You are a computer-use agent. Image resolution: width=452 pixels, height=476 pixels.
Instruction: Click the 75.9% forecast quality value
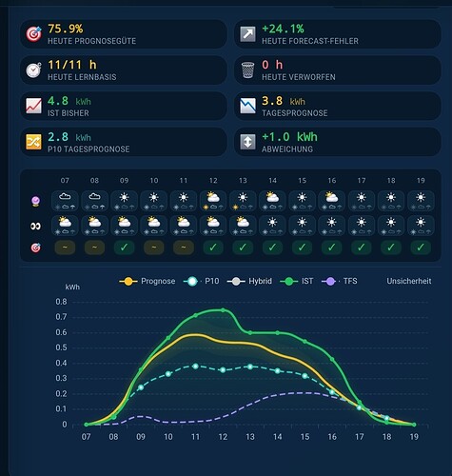[x=66, y=29]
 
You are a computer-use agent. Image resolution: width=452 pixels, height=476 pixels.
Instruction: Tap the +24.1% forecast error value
[x=283, y=29]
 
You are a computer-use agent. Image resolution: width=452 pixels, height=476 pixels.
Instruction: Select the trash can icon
[x=247, y=69]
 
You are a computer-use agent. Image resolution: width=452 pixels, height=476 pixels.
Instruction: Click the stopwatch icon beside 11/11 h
[x=33, y=69]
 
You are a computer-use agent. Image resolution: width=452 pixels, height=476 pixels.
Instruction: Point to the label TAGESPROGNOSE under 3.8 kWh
[x=295, y=113]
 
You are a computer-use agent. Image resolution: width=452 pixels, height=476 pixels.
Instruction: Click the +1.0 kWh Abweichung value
[x=289, y=137]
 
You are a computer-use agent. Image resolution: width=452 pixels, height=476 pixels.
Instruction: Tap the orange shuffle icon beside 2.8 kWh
[x=33, y=142]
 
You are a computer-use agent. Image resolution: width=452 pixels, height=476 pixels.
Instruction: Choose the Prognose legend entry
[x=147, y=281]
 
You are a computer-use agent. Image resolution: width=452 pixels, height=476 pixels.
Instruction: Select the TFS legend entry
[x=340, y=281]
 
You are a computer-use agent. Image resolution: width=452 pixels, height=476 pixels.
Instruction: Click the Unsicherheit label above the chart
[x=409, y=281]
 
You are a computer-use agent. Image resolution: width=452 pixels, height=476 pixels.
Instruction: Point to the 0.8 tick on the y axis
[x=62, y=302]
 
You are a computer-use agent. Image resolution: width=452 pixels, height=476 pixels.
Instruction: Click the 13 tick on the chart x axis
[x=250, y=437]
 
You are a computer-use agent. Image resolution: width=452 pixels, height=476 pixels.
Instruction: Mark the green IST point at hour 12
[x=223, y=310]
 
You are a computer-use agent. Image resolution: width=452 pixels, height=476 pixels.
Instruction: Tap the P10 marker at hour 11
[x=195, y=367]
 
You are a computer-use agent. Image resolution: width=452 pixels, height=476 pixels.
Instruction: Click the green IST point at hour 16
[x=332, y=359]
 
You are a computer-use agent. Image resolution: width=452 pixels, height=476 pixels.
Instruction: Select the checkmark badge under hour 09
[x=124, y=248]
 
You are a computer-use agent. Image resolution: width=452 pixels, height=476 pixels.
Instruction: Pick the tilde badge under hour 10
[x=154, y=248]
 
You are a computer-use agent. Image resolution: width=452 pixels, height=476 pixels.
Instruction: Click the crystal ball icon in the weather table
[x=35, y=201]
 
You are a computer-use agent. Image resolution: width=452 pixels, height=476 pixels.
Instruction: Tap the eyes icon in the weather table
[x=35, y=227]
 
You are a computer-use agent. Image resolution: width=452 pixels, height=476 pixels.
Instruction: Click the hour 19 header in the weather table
[x=421, y=181]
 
